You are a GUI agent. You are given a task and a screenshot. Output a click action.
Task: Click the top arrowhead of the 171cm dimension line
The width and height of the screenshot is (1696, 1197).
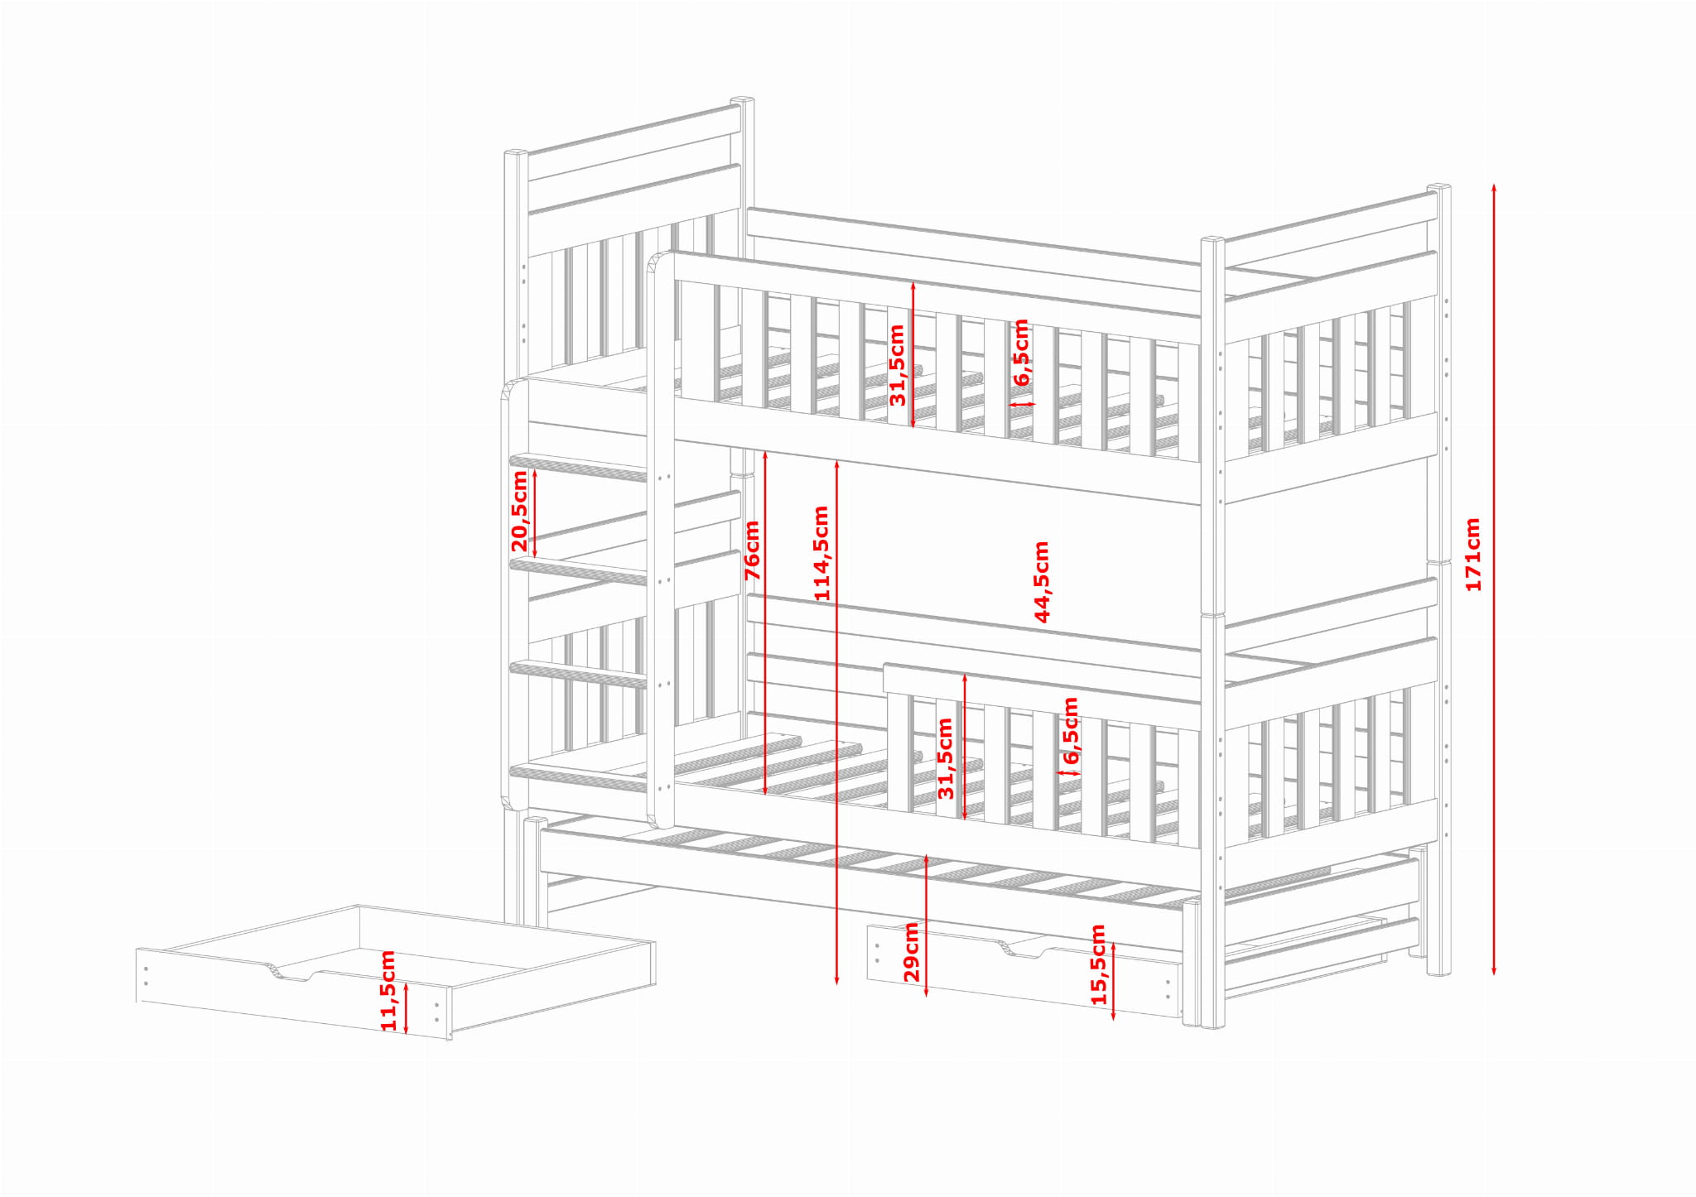(1494, 189)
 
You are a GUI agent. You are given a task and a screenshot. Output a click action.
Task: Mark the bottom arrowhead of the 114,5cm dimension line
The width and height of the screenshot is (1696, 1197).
(836, 979)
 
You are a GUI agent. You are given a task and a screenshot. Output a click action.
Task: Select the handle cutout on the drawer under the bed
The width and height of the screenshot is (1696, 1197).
(1024, 950)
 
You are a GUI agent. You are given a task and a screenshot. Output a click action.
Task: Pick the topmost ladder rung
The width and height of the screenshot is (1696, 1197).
(578, 468)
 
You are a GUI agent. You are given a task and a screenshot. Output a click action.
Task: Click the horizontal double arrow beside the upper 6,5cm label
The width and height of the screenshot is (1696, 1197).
(1022, 405)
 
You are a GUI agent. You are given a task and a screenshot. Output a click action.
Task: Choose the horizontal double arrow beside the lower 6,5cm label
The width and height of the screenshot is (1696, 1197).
(1069, 774)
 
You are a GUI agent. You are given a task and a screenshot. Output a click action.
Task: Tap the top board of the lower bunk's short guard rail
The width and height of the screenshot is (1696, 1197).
(1042, 684)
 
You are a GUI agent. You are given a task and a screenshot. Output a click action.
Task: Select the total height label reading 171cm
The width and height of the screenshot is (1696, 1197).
(1473, 555)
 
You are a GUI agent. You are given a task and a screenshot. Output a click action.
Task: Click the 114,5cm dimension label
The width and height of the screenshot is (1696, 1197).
(821, 553)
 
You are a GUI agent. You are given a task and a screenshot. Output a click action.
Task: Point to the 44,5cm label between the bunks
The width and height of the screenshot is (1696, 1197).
(1042, 581)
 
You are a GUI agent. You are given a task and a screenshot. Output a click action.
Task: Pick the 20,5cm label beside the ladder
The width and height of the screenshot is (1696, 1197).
(519, 511)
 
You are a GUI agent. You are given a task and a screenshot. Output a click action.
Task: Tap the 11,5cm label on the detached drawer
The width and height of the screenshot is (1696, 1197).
(388, 990)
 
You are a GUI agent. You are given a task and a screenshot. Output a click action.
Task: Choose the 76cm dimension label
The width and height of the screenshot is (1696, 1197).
(752, 550)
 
